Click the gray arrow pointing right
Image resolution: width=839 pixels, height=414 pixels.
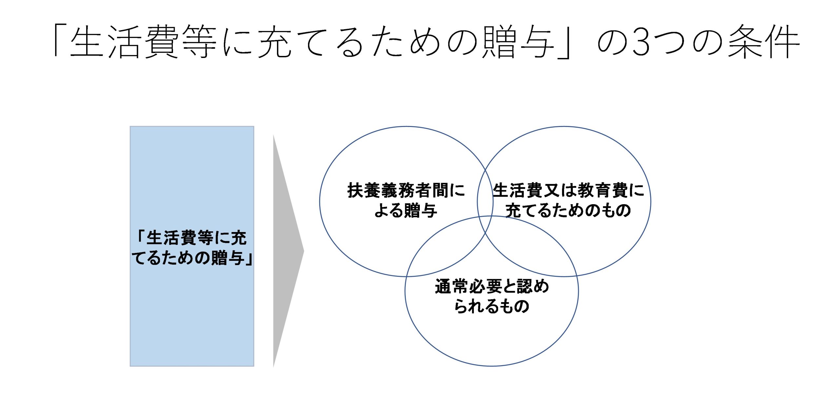tap(285, 251)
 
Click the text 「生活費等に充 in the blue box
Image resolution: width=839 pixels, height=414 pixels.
tap(191, 238)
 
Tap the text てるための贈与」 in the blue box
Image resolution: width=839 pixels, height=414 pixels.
tap(192, 258)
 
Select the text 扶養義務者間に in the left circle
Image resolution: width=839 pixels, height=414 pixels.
tap(406, 190)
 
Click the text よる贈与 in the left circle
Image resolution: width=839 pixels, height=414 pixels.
tap(406, 210)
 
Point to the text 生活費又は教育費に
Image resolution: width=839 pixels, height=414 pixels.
tap(568, 190)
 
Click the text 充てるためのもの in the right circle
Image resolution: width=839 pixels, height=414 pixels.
tap(568, 210)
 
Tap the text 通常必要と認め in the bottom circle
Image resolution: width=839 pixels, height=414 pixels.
tap(492, 286)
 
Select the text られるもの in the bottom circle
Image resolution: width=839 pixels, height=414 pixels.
tap(492, 306)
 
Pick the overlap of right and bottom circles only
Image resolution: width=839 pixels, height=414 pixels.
tap(531, 249)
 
